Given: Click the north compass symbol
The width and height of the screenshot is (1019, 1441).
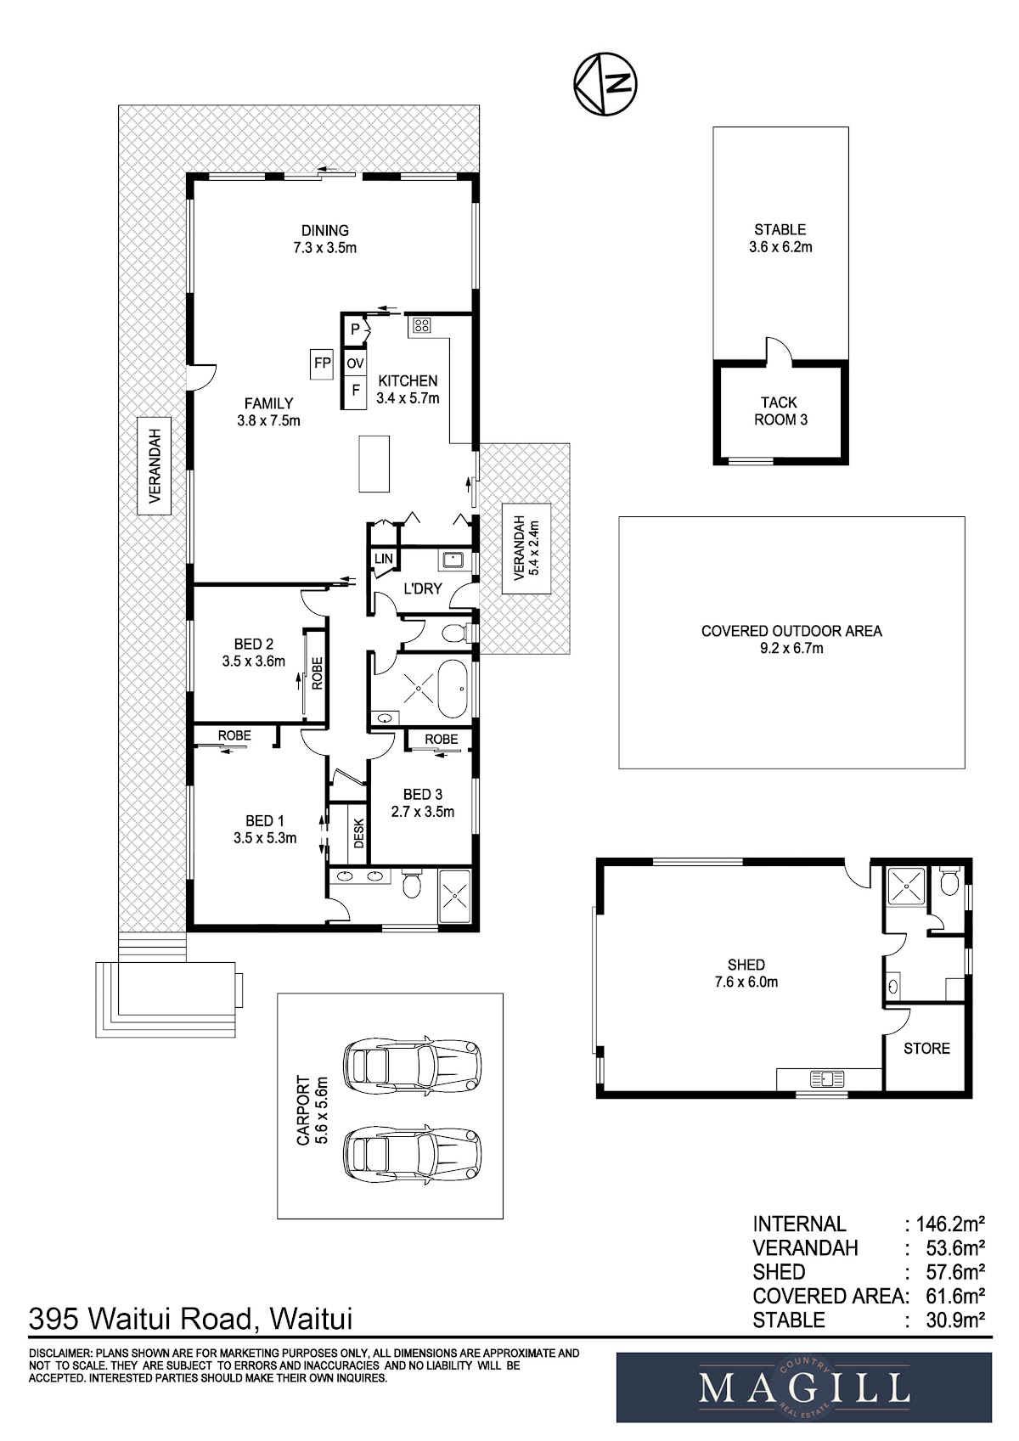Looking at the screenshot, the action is (x=605, y=83).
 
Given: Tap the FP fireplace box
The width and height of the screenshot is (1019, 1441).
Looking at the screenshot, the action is (x=322, y=363).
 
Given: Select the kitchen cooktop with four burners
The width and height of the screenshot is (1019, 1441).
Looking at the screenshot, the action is (x=422, y=325).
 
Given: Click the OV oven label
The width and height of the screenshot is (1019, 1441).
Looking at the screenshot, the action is (x=355, y=364).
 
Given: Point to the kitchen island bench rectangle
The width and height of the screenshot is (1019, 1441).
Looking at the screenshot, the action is (x=374, y=464).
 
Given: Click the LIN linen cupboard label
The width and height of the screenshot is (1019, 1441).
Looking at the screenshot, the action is (x=384, y=559).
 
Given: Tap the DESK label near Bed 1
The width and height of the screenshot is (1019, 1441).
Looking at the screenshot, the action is (x=359, y=833).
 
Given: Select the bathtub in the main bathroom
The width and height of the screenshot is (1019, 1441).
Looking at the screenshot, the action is (x=453, y=689).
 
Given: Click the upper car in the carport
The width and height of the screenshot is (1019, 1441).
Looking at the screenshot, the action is (x=413, y=1067).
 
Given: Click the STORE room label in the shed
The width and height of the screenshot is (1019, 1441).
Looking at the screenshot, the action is (x=926, y=1049).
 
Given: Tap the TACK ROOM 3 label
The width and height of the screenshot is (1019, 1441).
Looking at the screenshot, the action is (x=780, y=411).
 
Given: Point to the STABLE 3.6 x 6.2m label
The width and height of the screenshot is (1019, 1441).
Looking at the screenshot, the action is (x=780, y=238).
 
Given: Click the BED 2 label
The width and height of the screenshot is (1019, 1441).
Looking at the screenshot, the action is (x=253, y=644).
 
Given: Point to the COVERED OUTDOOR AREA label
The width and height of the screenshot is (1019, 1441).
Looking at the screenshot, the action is (x=791, y=631).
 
